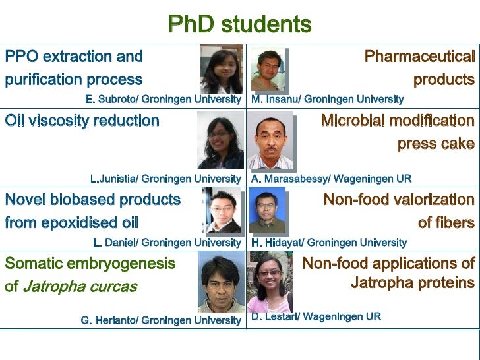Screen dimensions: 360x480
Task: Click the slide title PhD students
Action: click(239, 24)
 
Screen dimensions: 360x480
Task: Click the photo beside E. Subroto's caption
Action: click(221, 69)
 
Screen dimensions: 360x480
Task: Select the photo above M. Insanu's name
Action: click(269, 69)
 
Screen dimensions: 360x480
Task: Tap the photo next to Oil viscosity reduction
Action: click(220, 140)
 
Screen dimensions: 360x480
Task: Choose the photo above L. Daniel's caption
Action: click(221, 211)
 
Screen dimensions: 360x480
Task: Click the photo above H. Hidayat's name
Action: click(268, 212)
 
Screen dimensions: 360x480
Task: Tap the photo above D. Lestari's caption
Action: click(269, 284)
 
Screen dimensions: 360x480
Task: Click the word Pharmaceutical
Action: click(419, 57)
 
